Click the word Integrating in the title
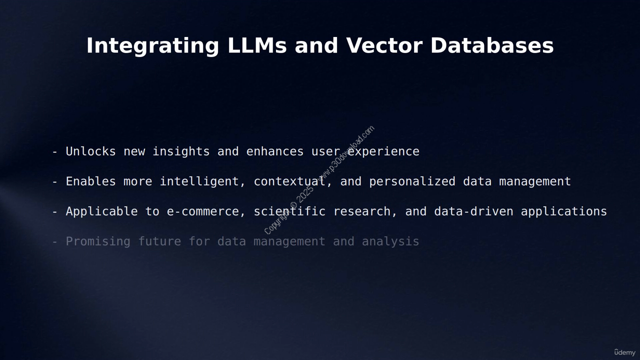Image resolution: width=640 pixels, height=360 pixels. pyautogui.click(x=152, y=46)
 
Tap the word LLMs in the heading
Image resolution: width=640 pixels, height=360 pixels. pyautogui.click(x=257, y=45)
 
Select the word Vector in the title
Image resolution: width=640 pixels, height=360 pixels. pyautogui.click(x=384, y=45)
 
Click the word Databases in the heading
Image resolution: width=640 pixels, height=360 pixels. pyautogui.click(x=492, y=45)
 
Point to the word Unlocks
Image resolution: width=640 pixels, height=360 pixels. pyautogui.click(x=91, y=151)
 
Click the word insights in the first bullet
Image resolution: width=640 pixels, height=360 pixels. pyautogui.click(x=181, y=151)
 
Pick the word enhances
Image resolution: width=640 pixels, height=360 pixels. pyautogui.click(x=275, y=151)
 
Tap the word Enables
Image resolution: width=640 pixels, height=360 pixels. pyautogui.click(x=91, y=181)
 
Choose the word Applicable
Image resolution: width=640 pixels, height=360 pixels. pyautogui.click(x=101, y=211)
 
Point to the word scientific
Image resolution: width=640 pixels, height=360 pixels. pyautogui.click(x=289, y=211)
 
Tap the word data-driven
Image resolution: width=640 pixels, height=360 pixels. pyautogui.click(x=473, y=211)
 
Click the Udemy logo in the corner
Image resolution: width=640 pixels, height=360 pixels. pyautogui.click(x=625, y=352)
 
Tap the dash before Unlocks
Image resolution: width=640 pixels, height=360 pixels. pyautogui.click(x=55, y=152)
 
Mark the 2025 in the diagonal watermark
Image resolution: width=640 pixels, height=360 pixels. pyautogui.click(x=305, y=195)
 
